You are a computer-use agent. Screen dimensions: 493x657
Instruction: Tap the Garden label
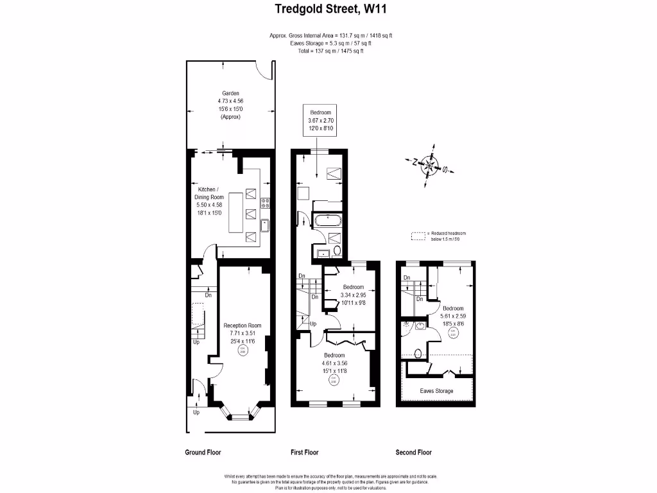point(230,93)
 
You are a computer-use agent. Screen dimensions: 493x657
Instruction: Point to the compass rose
point(428,167)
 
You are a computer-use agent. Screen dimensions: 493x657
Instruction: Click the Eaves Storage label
point(437,391)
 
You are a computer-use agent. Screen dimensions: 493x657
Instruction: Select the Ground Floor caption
point(203,452)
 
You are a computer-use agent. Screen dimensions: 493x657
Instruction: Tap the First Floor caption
point(304,452)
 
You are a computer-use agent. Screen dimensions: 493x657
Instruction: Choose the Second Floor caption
point(414,452)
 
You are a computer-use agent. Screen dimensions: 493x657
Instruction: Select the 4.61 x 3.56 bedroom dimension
point(334,363)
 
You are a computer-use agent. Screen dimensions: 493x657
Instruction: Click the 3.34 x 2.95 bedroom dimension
point(354,295)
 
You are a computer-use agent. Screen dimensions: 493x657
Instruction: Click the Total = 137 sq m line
point(330,51)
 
